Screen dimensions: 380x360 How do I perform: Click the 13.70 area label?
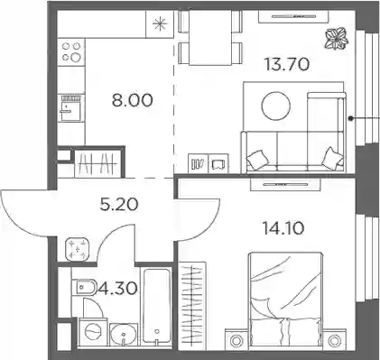coord(287,64)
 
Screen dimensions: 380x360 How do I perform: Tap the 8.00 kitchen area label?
coord(133,100)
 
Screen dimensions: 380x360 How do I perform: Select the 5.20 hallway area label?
coord(119,205)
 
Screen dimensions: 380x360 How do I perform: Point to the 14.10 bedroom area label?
coord(283,228)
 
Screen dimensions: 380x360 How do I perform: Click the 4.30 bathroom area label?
coord(117,289)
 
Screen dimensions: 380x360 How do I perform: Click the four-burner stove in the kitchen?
coord(71,52)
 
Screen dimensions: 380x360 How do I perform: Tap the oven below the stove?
coord(71,108)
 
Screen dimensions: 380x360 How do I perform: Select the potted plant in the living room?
coord(337,38)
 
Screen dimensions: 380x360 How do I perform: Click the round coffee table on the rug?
coord(276,106)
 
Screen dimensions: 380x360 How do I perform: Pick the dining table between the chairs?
coord(210,38)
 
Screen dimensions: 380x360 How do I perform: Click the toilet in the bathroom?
coord(84,288)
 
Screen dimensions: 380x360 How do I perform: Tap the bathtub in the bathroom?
coord(156,306)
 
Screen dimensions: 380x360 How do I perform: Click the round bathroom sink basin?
coord(124,334)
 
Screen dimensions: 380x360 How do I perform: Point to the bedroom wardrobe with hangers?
coord(192,306)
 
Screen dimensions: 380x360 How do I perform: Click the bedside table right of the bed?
coord(333,339)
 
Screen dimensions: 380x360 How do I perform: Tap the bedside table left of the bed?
coord(236,339)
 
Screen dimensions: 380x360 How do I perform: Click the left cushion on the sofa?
coord(257,159)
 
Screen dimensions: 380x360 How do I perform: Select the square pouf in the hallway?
coord(77,249)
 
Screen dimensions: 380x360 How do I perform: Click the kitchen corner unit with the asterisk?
coord(160,24)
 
